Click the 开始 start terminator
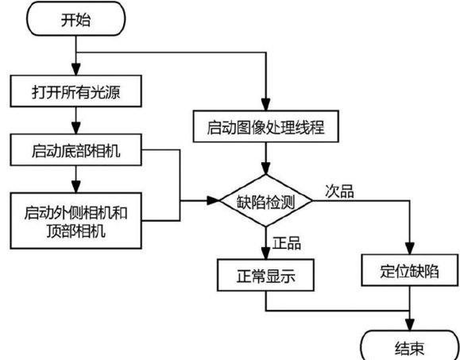76,19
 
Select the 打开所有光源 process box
76,91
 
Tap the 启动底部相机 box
76,150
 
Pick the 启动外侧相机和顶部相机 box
76,221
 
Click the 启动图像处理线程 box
266,126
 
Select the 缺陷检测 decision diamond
266,201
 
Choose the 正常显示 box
266,275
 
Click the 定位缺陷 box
409,270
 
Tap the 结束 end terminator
409,346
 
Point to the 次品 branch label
339,192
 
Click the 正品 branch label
287,243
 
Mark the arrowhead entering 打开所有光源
76,69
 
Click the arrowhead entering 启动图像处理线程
266,105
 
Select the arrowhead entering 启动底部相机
76,128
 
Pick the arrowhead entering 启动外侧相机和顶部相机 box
76,187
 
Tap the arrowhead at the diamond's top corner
266,168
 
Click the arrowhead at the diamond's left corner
214,201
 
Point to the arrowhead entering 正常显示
266,254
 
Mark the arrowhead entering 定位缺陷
409,249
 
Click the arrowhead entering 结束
409,325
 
